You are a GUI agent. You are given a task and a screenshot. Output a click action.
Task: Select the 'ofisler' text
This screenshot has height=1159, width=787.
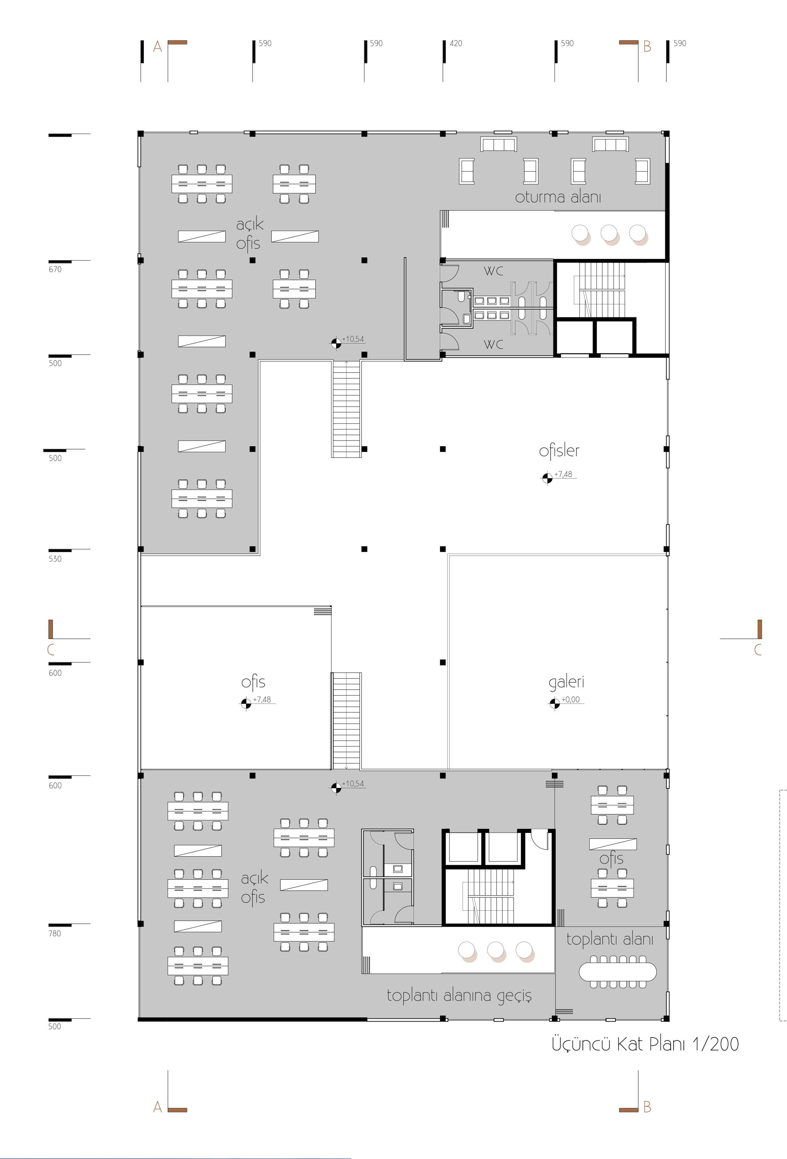[559, 451]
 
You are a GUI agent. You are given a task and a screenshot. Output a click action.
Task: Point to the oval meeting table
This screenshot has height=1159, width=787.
[617, 971]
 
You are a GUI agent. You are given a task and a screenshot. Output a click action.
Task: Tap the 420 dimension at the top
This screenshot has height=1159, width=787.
[456, 44]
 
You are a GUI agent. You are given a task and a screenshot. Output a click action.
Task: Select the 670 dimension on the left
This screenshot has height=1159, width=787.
[55, 269]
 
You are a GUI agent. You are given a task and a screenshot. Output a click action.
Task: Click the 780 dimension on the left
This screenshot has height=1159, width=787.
[55, 933]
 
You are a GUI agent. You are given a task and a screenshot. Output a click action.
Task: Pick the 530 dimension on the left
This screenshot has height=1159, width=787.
[55, 559]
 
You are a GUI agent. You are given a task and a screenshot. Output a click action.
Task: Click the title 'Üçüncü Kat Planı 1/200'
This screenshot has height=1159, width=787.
[645, 1044]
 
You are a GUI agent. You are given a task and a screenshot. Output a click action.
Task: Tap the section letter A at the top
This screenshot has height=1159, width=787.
[158, 47]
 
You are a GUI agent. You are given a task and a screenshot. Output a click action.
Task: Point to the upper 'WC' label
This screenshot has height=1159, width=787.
[493, 271]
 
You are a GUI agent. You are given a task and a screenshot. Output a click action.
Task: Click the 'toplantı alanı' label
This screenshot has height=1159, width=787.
[609, 940]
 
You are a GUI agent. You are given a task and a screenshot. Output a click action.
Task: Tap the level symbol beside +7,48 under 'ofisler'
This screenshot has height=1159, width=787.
[547, 478]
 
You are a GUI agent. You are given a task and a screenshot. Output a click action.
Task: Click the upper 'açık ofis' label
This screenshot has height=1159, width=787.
[249, 234]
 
